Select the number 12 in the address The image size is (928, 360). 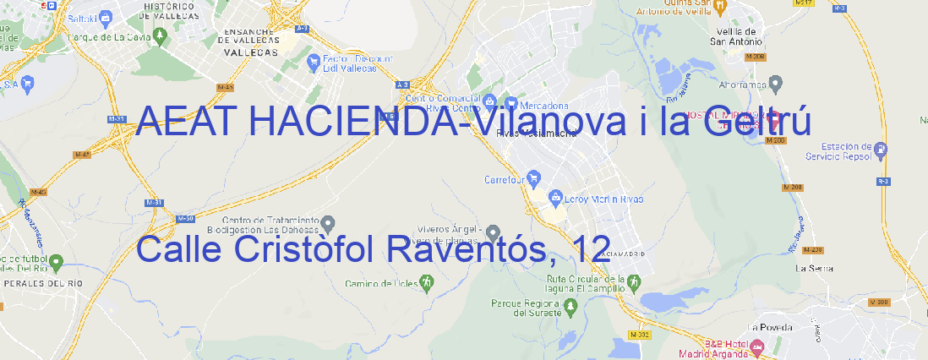click(590, 249)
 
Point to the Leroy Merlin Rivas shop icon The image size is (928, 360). click(555, 198)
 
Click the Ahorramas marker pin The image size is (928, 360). click(776, 83)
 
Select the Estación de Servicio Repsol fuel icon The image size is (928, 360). click(882, 151)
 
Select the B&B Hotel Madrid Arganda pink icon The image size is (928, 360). click(758, 346)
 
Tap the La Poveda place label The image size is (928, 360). click(770, 326)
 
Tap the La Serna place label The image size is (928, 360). click(815, 268)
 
